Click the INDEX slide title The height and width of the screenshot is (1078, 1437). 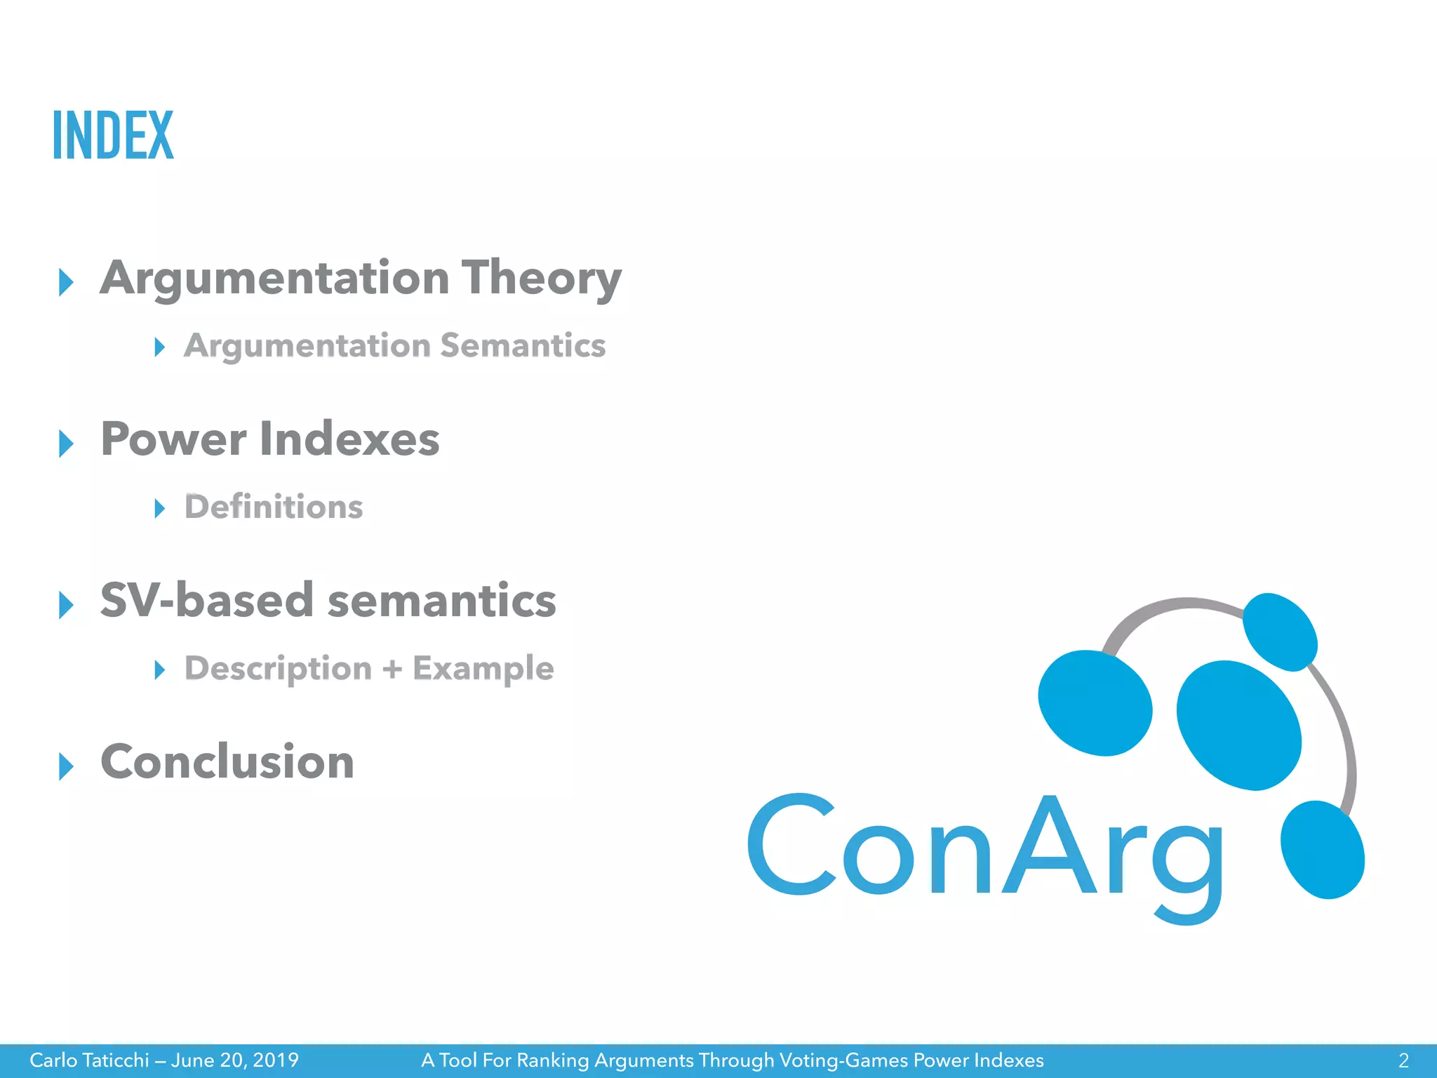click(113, 135)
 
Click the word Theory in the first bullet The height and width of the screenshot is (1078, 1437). click(541, 279)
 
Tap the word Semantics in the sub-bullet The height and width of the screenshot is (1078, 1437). click(523, 346)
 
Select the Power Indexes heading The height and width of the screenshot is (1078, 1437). click(269, 440)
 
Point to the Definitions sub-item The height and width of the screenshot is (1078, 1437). click(274, 507)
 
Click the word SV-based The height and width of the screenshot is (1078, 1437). click(206, 601)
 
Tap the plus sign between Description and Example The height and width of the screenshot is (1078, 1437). click(392, 669)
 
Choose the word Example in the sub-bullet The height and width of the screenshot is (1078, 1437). click(483, 669)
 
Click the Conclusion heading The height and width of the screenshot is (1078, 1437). click(227, 763)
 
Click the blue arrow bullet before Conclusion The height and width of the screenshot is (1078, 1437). click(67, 766)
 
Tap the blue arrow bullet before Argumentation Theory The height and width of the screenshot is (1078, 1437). click(67, 282)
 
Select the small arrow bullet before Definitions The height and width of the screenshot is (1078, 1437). click(160, 508)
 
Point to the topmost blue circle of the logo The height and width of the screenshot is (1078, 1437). click(1279, 632)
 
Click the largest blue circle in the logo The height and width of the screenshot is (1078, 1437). click(1238, 725)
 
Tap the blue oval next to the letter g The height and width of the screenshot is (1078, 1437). click(1322, 849)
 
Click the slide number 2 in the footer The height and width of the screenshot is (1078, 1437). click(1403, 1060)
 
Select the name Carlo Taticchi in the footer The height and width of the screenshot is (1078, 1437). click(89, 1060)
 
